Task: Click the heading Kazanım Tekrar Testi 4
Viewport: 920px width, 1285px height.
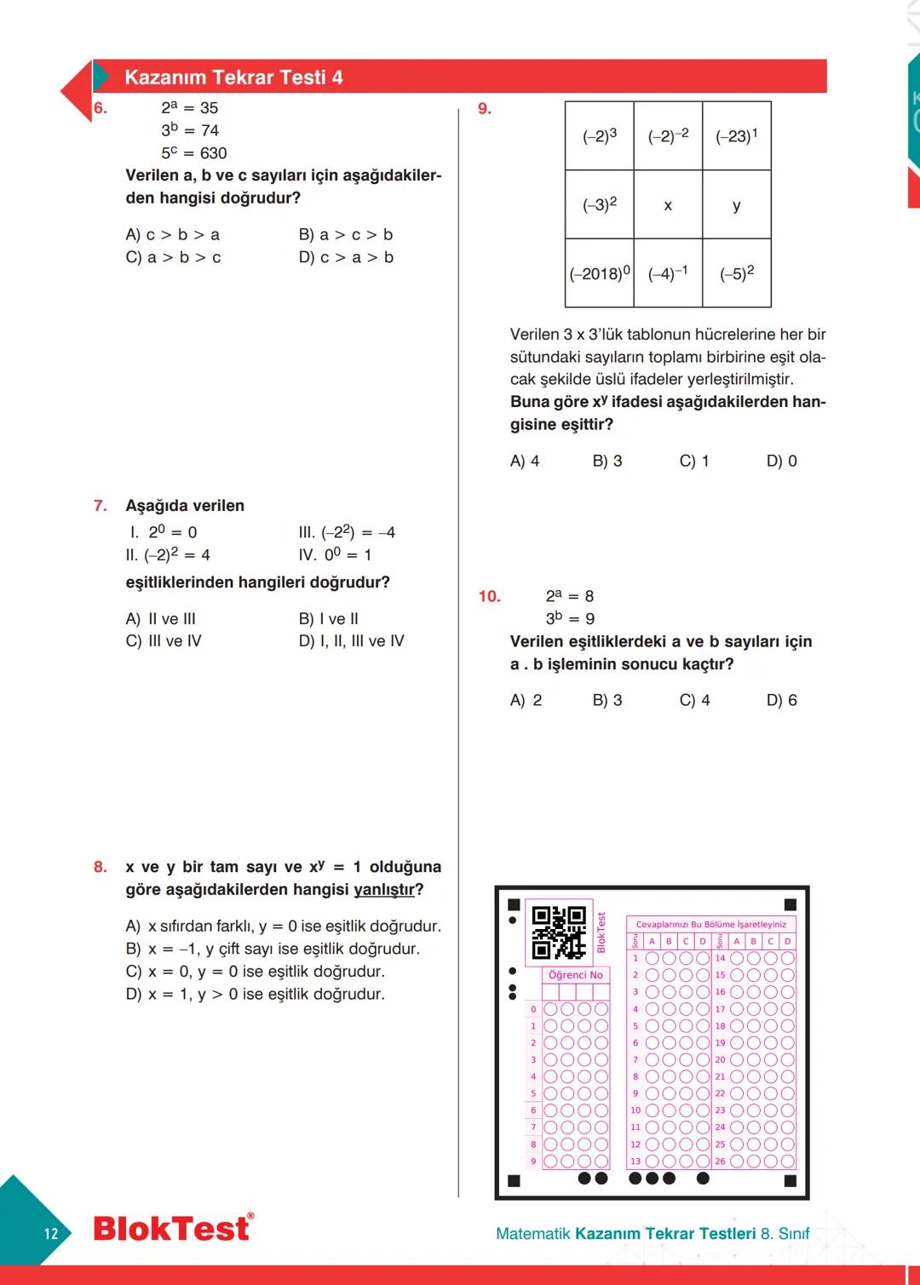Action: pos(233,77)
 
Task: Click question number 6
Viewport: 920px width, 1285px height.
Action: pos(101,108)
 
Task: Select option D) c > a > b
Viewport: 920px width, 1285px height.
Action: pos(346,257)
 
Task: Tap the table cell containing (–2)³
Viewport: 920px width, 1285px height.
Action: pos(600,136)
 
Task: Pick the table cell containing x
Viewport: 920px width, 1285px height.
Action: pos(668,205)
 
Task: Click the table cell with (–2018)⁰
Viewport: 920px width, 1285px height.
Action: pos(600,273)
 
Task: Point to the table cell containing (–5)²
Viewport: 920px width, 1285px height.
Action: pos(737,273)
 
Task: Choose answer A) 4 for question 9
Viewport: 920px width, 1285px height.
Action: pos(525,461)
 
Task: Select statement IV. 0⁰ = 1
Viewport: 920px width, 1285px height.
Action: pos(335,554)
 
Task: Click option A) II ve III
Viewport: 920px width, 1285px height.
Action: pos(161,619)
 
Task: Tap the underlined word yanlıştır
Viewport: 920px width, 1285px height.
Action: pos(384,890)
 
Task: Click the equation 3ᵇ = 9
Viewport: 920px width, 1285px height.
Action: pos(570,618)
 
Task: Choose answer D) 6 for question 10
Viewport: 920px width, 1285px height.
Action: pos(782,700)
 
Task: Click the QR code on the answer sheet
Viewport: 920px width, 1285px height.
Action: pos(559,932)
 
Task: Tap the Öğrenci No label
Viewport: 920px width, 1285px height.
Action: pos(576,975)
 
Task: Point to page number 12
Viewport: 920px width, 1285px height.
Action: pos(51,1233)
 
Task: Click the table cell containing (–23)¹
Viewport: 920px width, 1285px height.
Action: pos(737,136)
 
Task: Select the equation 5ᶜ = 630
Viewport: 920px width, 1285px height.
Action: pos(194,153)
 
